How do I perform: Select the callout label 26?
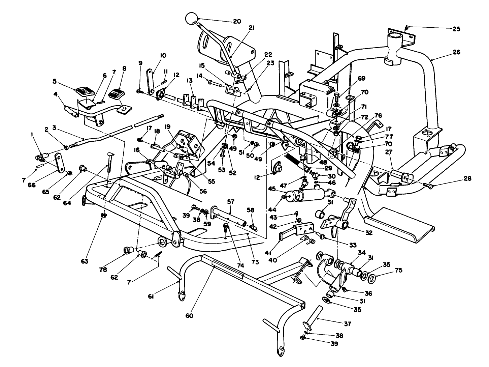point(456,52)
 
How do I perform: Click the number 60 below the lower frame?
point(189,316)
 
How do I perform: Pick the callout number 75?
point(398,270)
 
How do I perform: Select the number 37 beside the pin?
point(347,324)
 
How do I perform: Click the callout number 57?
point(230,202)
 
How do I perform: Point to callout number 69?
point(361,78)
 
